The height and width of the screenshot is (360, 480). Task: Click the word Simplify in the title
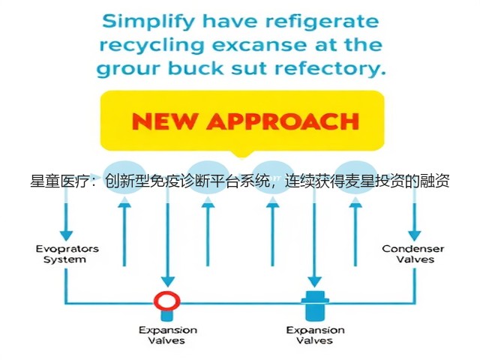[x=148, y=22]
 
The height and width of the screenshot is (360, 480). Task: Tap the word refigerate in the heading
[x=322, y=22]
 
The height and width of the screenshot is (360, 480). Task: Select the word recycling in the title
[x=151, y=46]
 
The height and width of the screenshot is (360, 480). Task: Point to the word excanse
[x=259, y=45]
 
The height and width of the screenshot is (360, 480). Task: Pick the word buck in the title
[x=196, y=68]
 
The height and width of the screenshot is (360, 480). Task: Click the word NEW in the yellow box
[x=163, y=121]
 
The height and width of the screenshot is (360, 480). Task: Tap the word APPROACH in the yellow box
[x=283, y=121]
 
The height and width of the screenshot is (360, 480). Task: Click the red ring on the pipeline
[x=166, y=293]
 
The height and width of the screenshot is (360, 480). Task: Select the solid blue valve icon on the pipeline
[x=315, y=305]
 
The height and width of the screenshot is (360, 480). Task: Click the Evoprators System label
[x=67, y=254]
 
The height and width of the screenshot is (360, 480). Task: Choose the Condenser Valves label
[x=413, y=254]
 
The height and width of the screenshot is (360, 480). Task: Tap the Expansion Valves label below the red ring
[x=167, y=335]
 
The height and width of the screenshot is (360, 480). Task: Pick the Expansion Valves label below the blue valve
[x=315, y=335]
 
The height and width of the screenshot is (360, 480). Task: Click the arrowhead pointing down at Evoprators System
[x=67, y=235]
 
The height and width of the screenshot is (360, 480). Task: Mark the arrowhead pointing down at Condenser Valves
[x=415, y=235]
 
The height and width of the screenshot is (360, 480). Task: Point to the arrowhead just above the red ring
[x=168, y=281]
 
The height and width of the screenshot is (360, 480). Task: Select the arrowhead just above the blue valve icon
[x=314, y=281]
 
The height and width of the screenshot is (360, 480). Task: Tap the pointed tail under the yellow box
[x=241, y=154]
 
